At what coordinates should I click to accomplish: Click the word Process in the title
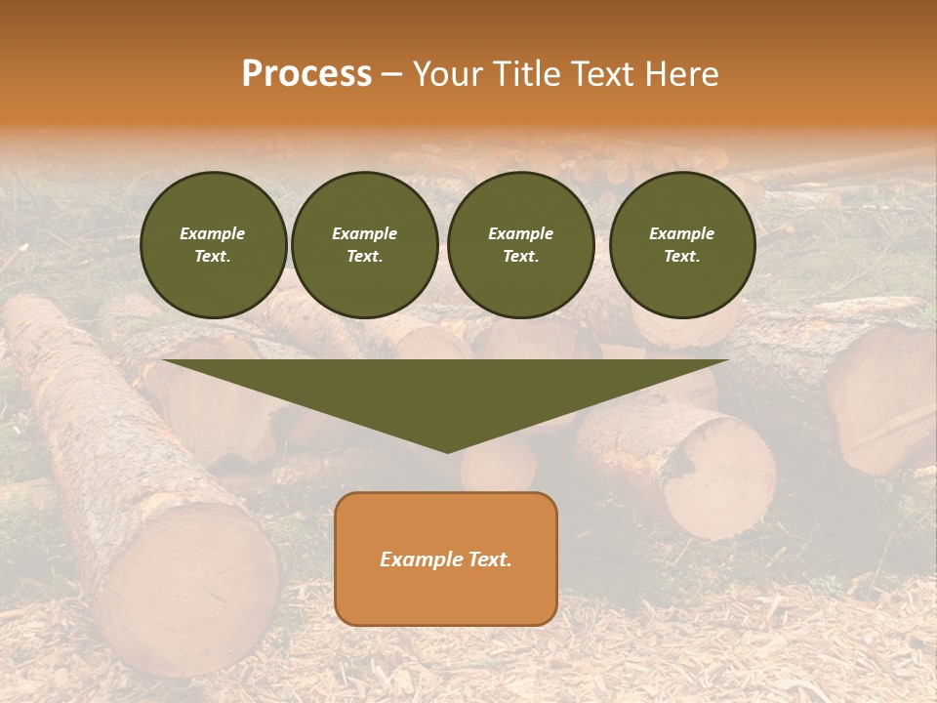click(x=306, y=74)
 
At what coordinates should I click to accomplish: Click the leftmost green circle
click(x=213, y=245)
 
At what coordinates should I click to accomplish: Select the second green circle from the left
click(x=365, y=245)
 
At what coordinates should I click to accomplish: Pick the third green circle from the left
click(x=520, y=245)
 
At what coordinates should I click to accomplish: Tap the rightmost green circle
click(x=682, y=245)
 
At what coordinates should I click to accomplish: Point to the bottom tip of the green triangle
click(x=447, y=451)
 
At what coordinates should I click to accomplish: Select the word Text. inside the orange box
click(x=487, y=559)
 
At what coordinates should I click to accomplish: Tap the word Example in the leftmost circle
click(x=213, y=234)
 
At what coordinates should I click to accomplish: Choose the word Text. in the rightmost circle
click(x=682, y=257)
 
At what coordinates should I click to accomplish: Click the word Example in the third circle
click(x=520, y=234)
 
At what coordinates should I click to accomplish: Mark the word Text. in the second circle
click(x=365, y=257)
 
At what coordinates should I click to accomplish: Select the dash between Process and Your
click(x=392, y=74)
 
